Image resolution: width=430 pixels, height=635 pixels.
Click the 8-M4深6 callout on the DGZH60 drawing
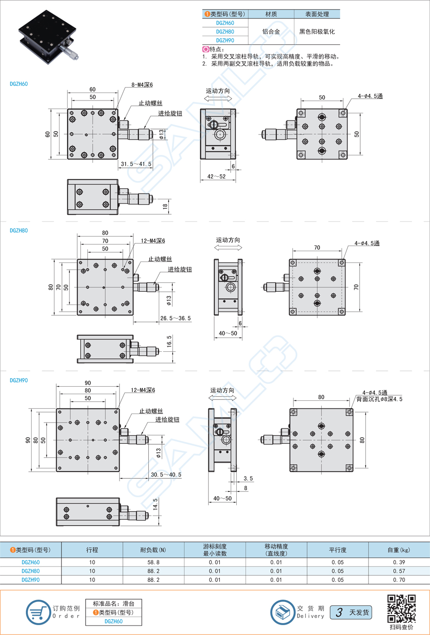click(142, 85)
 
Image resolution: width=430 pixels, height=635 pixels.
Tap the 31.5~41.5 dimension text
click(136, 164)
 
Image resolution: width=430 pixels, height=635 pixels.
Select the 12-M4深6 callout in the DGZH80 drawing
click(153, 241)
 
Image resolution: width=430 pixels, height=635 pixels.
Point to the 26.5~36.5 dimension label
click(176, 318)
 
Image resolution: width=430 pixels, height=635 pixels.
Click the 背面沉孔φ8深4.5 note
click(379, 399)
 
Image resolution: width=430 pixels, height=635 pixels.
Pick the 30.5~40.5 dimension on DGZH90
click(166, 474)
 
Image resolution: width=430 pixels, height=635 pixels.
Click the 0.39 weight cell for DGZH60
click(399, 562)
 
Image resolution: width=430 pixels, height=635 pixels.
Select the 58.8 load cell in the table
click(154, 562)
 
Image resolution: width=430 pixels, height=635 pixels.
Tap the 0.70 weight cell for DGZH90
click(399, 580)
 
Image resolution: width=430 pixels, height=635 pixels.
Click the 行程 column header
click(92, 550)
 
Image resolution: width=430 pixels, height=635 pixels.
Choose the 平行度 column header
click(337, 550)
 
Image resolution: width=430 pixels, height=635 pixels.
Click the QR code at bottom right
click(401, 609)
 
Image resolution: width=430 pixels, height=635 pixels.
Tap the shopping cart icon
click(38, 612)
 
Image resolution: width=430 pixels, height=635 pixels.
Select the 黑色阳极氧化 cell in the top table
click(317, 32)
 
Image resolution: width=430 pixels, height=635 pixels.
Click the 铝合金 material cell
click(271, 32)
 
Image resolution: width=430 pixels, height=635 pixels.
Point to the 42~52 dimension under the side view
click(216, 176)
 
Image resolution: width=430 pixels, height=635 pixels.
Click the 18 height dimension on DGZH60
click(165, 206)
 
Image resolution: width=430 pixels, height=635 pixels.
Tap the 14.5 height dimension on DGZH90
click(155, 504)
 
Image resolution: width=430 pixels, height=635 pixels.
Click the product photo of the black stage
click(48, 36)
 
